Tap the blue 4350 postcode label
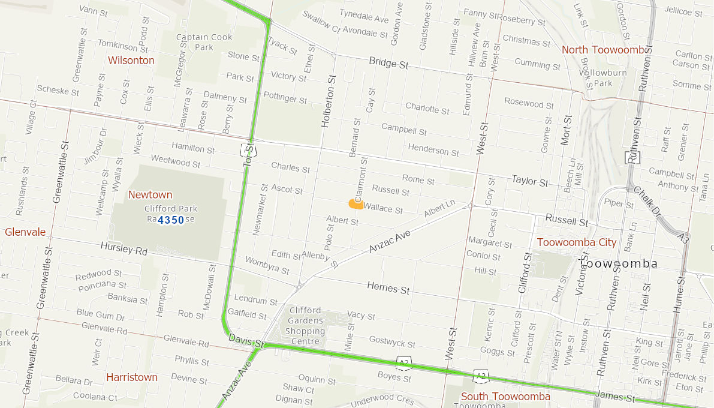(x=171, y=220)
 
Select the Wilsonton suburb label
(x=131, y=61)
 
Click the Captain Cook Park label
(x=204, y=42)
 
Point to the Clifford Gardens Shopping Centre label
(x=305, y=326)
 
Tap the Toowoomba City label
(x=576, y=242)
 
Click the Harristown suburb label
(x=132, y=377)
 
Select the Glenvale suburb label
(x=25, y=232)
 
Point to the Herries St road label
(x=388, y=289)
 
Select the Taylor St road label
(x=529, y=181)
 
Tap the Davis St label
(x=246, y=341)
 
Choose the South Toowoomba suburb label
(x=505, y=396)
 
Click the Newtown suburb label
(x=150, y=195)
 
